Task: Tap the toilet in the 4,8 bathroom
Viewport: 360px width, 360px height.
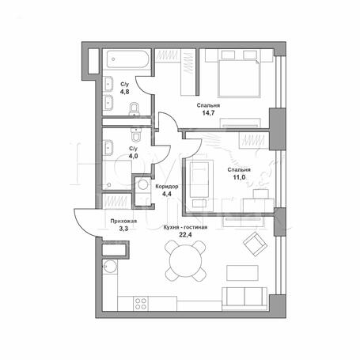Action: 135,109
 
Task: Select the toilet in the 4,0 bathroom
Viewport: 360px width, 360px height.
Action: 136,135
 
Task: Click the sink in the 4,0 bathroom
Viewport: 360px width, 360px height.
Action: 108,148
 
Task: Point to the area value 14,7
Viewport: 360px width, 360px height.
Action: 208,113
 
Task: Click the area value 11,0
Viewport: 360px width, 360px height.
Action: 239,177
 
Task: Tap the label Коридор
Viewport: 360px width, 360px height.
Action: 167,187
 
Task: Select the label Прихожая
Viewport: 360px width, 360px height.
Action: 123,222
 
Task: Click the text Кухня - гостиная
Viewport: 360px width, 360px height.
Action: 185,227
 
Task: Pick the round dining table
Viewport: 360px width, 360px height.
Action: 185,261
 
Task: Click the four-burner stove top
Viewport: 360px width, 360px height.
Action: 141,304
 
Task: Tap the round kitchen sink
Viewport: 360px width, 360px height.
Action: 110,266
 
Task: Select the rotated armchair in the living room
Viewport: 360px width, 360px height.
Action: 256,244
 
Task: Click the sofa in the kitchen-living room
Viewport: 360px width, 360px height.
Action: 244,299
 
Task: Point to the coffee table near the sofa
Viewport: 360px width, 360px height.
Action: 242,273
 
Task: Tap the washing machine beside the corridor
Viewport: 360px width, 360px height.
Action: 143,184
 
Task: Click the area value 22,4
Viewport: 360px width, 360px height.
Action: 185,235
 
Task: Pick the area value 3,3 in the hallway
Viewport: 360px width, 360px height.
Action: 123,229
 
